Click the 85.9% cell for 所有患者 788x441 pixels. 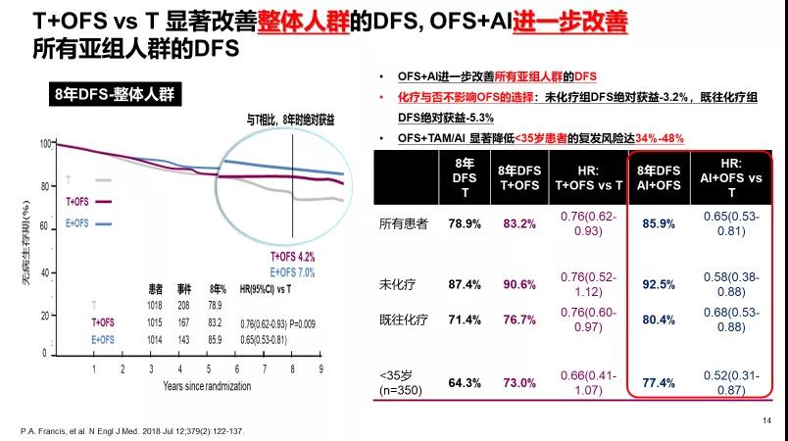[659, 223]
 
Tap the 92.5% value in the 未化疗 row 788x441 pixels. [659, 284]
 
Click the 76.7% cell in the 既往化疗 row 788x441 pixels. [519, 319]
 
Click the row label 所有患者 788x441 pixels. [404, 223]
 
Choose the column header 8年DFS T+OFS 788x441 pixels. [519, 177]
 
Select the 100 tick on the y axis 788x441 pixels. [45, 144]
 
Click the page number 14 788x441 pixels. [765, 419]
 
